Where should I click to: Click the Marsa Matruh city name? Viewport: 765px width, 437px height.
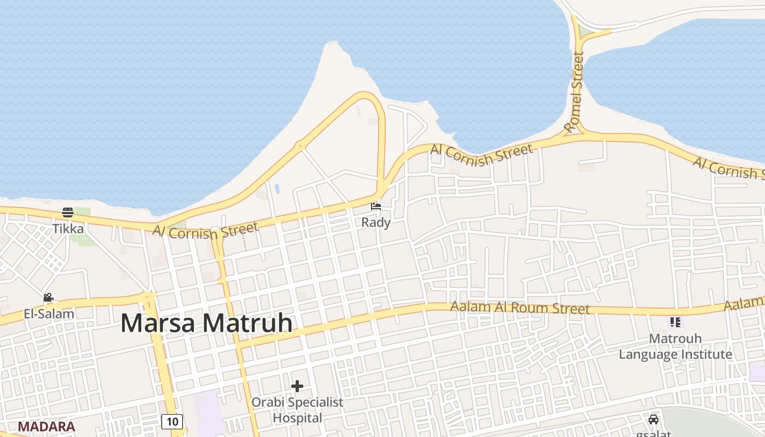(x=207, y=323)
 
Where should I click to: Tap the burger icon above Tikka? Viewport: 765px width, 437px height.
(x=68, y=212)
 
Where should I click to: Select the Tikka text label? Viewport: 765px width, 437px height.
(x=68, y=228)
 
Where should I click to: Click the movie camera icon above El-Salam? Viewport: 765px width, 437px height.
(x=48, y=298)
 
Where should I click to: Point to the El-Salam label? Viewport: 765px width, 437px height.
(x=49, y=314)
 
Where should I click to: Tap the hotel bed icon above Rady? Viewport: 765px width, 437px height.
(x=376, y=206)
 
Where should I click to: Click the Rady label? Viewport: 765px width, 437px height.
(x=376, y=222)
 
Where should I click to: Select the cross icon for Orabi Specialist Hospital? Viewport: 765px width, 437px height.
(x=297, y=387)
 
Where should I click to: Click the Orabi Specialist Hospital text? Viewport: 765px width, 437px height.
(x=297, y=410)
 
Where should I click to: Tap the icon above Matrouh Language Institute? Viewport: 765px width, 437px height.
(x=675, y=322)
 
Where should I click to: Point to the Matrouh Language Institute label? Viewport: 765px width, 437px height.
(x=675, y=346)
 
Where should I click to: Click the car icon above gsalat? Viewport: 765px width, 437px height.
(x=654, y=420)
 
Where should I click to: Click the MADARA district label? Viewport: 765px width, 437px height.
(x=46, y=427)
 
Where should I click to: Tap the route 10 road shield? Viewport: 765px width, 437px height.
(x=172, y=421)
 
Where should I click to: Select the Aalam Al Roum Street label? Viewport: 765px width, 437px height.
(x=520, y=308)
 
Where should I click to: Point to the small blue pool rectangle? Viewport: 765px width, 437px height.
(x=277, y=189)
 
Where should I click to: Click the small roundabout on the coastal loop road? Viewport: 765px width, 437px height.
(x=299, y=146)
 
